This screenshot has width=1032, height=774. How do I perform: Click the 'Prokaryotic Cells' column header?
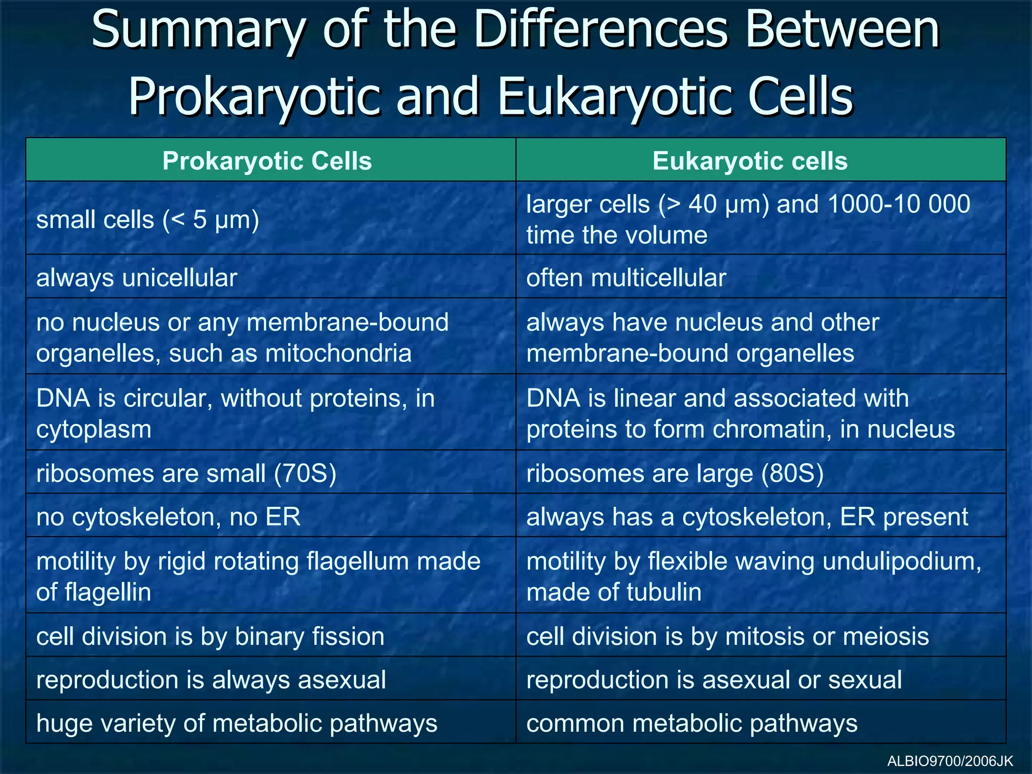click(x=267, y=161)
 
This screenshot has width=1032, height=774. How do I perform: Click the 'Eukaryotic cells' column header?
click(x=750, y=161)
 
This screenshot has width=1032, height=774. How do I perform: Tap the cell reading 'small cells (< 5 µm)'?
click(x=148, y=220)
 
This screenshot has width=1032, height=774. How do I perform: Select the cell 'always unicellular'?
click(x=137, y=278)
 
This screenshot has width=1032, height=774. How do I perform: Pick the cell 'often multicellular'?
click(x=626, y=278)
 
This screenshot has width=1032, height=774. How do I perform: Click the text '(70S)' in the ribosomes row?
click(x=305, y=474)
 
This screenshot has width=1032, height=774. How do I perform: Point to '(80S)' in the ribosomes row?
click(x=792, y=474)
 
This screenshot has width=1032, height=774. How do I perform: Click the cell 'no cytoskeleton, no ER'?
click(x=168, y=517)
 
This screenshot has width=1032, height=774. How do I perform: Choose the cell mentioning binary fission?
click(x=210, y=636)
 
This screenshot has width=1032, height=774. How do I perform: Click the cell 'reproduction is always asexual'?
click(x=211, y=680)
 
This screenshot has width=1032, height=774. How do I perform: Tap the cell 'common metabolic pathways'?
click(x=691, y=724)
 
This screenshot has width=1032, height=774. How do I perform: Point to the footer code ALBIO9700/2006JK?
click(x=950, y=761)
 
